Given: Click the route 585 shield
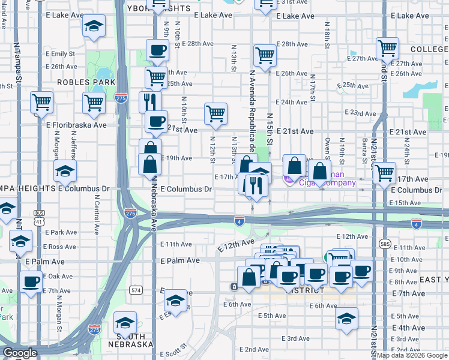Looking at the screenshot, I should (x=385, y=244).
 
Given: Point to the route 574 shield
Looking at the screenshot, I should (x=136, y=290).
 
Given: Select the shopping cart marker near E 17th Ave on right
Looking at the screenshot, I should (x=384, y=173).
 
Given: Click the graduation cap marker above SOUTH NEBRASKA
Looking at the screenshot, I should (x=125, y=324).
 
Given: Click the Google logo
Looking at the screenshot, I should (x=20, y=353).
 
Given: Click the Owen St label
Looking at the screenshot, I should (x=328, y=147).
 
